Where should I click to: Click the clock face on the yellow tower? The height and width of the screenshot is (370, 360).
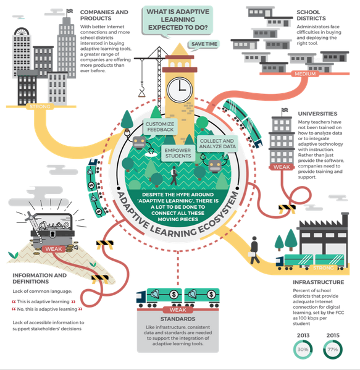[x=180, y=90]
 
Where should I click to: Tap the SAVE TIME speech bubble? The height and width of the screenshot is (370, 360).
[x=204, y=44]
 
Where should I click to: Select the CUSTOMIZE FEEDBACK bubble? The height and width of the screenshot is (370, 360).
[x=160, y=128]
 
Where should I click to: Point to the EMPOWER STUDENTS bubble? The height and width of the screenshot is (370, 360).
[x=178, y=154]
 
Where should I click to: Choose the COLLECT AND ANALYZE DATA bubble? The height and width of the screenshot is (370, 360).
[x=217, y=144]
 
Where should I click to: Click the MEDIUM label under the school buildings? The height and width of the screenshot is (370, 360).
[x=305, y=74]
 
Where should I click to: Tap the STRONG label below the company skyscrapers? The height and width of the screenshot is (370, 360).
[x=40, y=107]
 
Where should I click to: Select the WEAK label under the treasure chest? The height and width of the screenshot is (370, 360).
[x=54, y=249]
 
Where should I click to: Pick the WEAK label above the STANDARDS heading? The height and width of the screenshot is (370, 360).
[x=178, y=309]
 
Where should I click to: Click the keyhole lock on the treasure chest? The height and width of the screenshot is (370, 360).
[x=52, y=234]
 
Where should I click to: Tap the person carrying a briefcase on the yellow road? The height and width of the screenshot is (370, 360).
[x=254, y=250]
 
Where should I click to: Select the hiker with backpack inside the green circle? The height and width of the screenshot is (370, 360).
[x=174, y=176]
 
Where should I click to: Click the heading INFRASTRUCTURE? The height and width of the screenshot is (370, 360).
[x=318, y=282]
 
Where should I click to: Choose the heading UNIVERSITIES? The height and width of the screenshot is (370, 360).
[x=317, y=114]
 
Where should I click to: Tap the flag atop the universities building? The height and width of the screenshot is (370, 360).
[x=285, y=110]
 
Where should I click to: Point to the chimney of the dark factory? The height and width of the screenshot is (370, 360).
[x=345, y=220]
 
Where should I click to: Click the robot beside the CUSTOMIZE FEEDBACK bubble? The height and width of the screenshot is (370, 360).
[x=139, y=143]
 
